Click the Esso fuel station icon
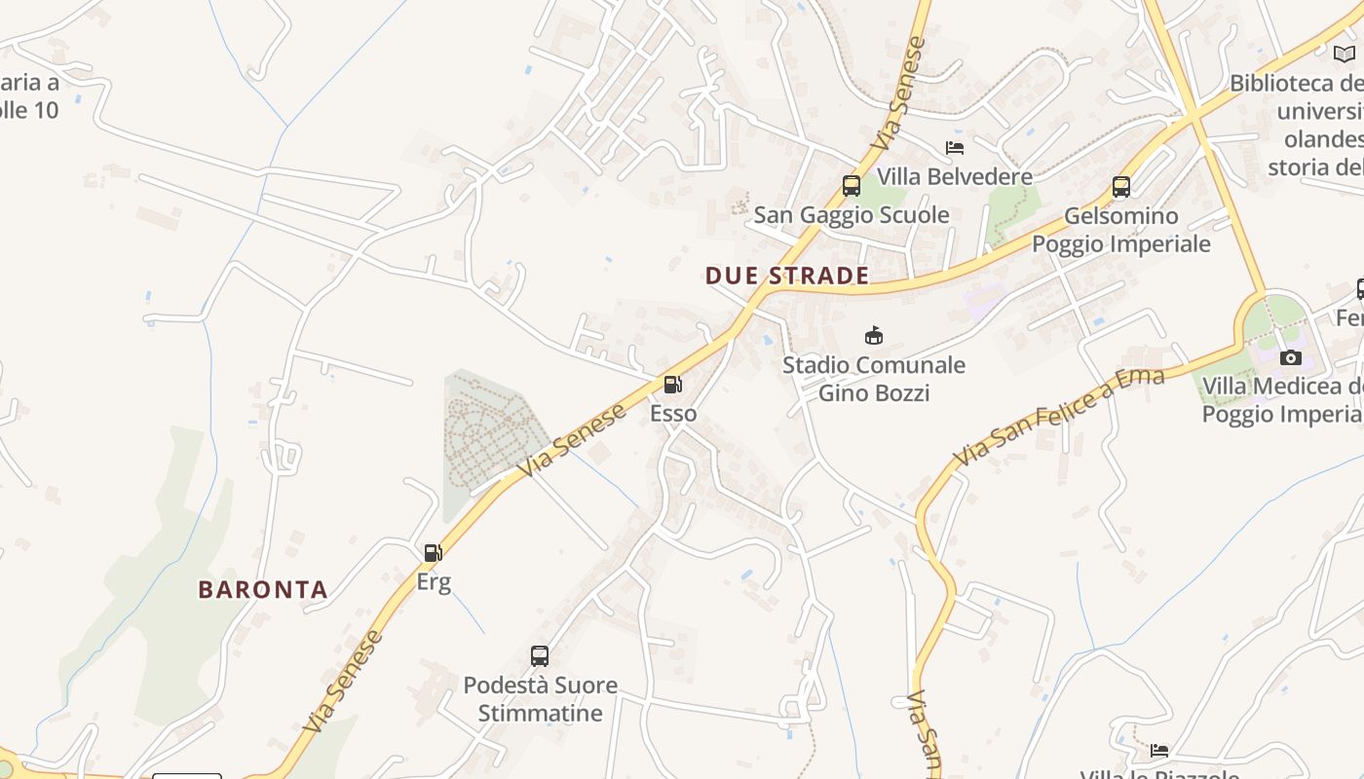pos(673,385)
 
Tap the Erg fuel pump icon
pos(434,553)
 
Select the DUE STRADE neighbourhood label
pos(787,276)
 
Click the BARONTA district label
pos(263,589)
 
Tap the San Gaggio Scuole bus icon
pos(852,185)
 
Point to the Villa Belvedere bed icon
pos(955,148)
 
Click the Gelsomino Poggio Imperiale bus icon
pos(1121,186)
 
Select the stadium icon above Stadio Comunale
pos(874,336)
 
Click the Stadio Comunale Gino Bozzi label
pos(874,379)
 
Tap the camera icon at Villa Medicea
pos(1291,357)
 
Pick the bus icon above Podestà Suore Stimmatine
pos(540,655)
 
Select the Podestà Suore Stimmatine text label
pos(540,699)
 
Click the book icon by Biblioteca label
pos(1345,54)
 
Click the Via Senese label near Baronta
pos(343,682)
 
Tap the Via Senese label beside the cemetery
pos(572,441)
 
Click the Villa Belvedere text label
pos(955,177)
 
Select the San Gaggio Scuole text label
pos(852,215)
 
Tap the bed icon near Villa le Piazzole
pos(1159,750)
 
